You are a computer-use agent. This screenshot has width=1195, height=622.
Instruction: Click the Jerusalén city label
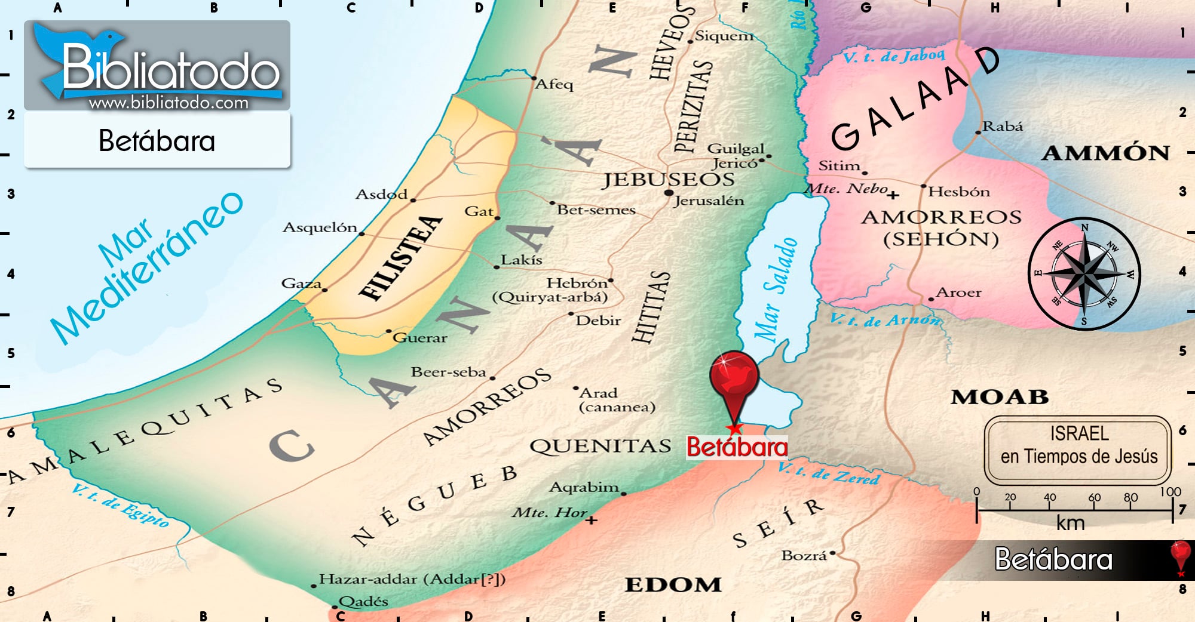[709, 201]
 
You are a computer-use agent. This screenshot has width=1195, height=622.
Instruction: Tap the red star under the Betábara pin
[734, 429]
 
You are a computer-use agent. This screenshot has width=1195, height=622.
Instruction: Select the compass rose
[1084, 274]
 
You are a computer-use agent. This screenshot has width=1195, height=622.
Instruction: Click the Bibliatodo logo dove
[72, 51]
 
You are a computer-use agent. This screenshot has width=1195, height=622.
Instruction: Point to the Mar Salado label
[776, 290]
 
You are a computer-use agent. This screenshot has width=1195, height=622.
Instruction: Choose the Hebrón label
[577, 282]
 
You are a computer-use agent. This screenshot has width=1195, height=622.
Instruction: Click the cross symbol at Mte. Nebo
[893, 195]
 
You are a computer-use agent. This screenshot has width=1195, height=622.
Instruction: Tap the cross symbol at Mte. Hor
[591, 521]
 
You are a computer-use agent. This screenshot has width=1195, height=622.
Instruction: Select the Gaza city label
[301, 283]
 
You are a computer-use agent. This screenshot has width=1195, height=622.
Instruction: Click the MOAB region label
[1000, 397]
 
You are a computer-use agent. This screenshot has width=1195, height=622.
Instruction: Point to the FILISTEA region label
[400, 257]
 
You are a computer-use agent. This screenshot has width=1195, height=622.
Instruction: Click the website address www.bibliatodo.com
[168, 103]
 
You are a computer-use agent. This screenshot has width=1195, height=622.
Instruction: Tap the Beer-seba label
[448, 372]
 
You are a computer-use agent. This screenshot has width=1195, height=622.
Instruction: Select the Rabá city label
[1003, 126]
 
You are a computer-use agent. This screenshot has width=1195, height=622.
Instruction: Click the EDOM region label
[673, 584]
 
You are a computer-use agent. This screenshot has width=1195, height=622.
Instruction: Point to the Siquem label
[724, 36]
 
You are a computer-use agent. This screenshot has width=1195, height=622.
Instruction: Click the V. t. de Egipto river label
[120, 506]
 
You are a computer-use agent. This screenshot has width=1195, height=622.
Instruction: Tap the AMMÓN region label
[1105, 153]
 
